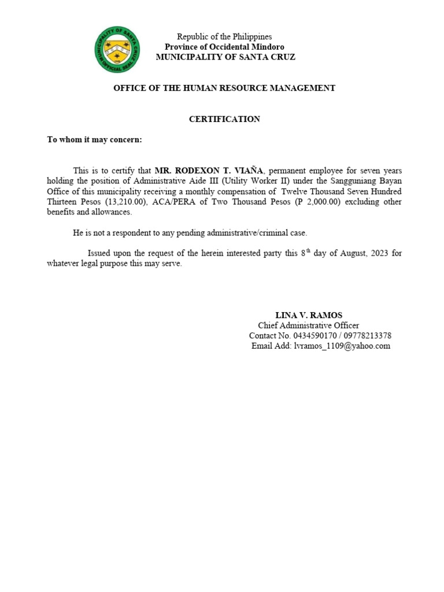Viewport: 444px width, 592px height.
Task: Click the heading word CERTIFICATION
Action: click(224, 119)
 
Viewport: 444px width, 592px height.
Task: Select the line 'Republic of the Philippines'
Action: click(224, 36)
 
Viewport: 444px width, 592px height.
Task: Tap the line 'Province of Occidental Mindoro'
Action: click(224, 47)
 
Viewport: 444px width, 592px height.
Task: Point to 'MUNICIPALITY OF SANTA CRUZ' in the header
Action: click(225, 57)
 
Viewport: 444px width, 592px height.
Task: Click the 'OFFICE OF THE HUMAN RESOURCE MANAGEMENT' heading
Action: click(224, 88)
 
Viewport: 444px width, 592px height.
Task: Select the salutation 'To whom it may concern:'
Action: click(94, 140)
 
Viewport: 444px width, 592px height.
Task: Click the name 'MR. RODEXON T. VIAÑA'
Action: click(209, 171)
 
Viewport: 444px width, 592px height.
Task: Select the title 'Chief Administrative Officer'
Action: click(308, 325)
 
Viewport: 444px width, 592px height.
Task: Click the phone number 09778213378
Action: click(365, 336)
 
